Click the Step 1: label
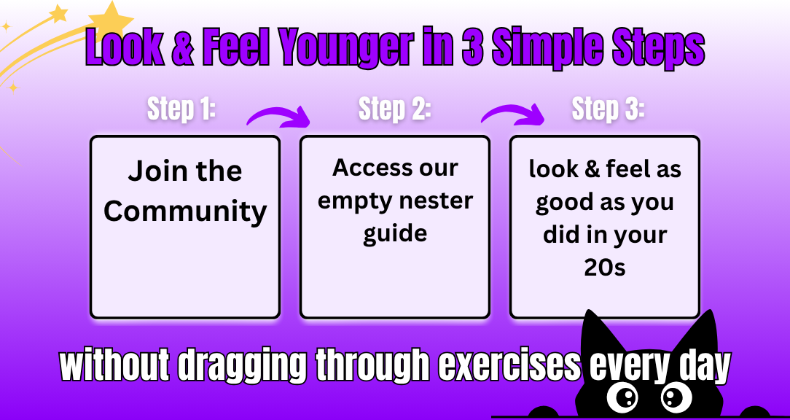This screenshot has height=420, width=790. (181, 109)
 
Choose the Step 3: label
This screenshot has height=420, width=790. (608, 109)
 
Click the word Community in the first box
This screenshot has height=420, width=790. (185, 211)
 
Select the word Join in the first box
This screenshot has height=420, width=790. (149, 171)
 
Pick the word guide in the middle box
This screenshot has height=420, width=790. (395, 235)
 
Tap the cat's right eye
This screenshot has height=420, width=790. (675, 397)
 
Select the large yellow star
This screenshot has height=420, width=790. (111, 20)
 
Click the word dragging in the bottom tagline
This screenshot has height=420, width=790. (242, 365)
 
